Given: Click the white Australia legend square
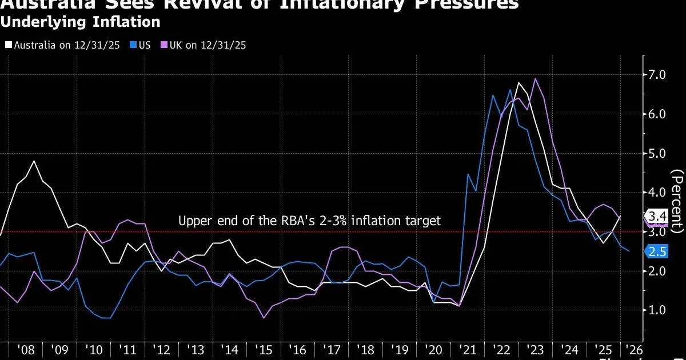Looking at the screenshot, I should tap(8, 45).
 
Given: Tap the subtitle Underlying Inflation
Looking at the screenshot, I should tap(80, 23).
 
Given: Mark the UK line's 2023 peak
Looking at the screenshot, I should tap(535, 79).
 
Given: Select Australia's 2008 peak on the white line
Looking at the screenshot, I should tap(34, 161).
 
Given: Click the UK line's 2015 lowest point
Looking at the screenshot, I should tap(264, 318).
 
